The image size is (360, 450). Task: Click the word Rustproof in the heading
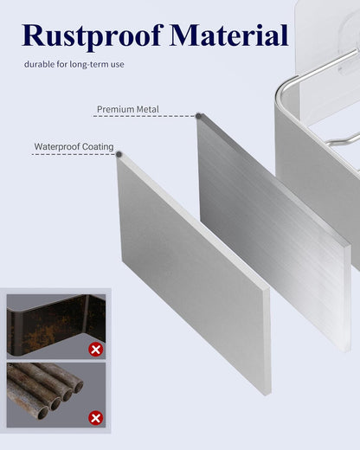93,36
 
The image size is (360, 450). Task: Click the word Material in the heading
229,35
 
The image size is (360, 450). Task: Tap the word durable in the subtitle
39,64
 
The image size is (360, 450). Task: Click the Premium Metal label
128,109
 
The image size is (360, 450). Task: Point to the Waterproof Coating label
74,146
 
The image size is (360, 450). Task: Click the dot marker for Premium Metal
198,116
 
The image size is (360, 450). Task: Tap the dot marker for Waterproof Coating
119,154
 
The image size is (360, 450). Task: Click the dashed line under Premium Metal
145,116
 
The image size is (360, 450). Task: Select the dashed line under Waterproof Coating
74,155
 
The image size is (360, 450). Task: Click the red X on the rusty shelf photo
95,350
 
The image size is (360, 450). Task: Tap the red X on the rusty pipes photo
95,418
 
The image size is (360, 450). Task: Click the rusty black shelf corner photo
56,326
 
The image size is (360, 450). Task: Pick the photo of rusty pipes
56,395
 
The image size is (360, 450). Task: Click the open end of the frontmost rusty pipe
42,413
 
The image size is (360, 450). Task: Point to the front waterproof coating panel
194,274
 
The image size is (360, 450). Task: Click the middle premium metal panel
274,231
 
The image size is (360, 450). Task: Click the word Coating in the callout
98,146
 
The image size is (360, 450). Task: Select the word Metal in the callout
147,109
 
